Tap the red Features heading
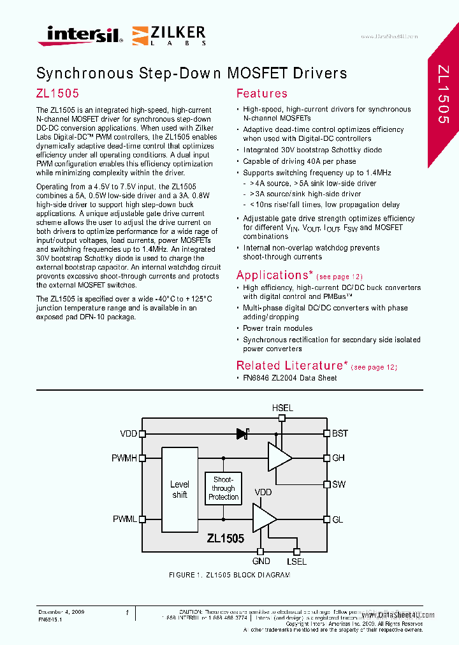(x=261, y=94)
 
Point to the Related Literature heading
(x=290, y=366)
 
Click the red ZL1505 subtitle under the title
(x=58, y=93)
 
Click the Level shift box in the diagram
(x=180, y=489)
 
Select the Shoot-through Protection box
(x=223, y=488)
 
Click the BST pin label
(x=340, y=433)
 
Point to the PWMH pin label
(x=124, y=458)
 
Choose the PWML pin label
(x=125, y=519)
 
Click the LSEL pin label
(x=296, y=562)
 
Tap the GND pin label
(x=261, y=562)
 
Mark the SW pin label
(x=339, y=484)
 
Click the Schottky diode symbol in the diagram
(x=242, y=434)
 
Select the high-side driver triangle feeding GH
(x=278, y=458)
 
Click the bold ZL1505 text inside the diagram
(x=225, y=539)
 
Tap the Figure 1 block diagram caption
(x=229, y=575)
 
